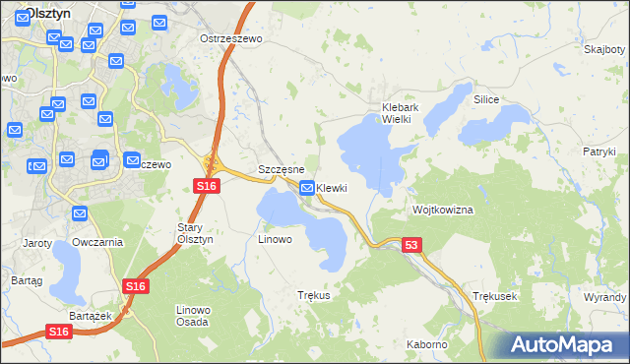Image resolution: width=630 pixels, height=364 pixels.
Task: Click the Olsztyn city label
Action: tap(45, 13)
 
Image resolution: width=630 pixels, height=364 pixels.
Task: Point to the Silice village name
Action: tap(486, 100)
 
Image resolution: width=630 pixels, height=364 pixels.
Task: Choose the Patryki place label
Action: tap(598, 152)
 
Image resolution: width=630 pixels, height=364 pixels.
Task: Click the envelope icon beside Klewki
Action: tap(307, 188)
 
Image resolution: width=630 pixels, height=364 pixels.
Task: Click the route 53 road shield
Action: tap(411, 245)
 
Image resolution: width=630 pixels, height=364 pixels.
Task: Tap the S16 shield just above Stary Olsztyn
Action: tap(205, 185)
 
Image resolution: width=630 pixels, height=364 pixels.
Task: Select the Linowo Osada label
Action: tap(193, 316)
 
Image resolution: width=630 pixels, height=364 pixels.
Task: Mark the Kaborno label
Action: tap(427, 345)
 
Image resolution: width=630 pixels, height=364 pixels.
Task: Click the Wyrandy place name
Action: tap(604, 296)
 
